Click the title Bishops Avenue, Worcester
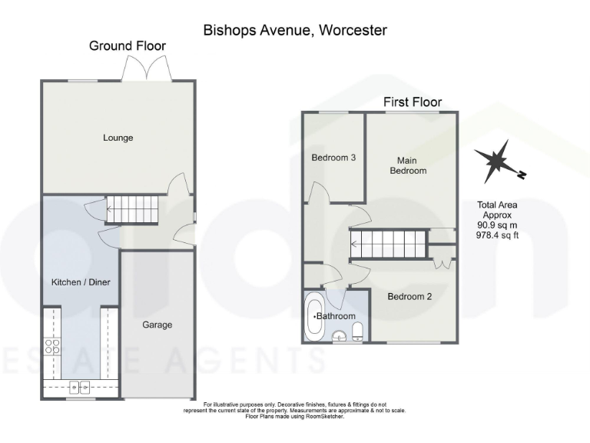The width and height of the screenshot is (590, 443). click(x=295, y=30)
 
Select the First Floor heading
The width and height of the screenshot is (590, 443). click(x=413, y=102)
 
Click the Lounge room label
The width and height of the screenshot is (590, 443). click(x=118, y=138)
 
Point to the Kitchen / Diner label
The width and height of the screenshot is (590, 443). click(x=81, y=282)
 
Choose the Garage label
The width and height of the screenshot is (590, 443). click(x=157, y=325)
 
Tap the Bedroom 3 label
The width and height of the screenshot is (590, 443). click(x=333, y=158)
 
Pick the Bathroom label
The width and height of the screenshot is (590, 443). click(x=336, y=316)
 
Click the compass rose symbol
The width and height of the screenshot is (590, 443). click(x=498, y=161)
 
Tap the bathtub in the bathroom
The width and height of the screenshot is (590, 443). click(x=315, y=316)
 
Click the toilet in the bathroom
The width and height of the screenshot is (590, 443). click(x=357, y=331)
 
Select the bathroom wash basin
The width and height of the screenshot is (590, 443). click(x=339, y=335)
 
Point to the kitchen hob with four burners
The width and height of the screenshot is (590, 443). click(x=52, y=347)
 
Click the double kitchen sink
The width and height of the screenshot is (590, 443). click(x=80, y=388)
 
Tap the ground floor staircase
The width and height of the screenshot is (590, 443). click(x=131, y=208)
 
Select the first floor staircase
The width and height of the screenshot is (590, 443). click(x=389, y=245)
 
